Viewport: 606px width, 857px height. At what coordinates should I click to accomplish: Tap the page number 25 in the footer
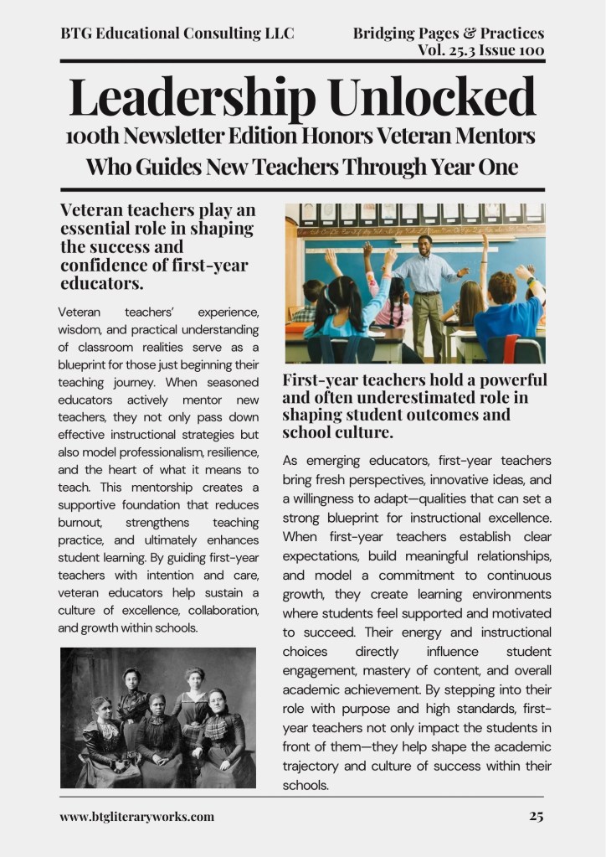pos(536,816)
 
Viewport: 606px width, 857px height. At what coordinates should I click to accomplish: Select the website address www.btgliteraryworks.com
pos(136,816)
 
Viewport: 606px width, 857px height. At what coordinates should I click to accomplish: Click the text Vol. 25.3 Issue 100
pos(481,50)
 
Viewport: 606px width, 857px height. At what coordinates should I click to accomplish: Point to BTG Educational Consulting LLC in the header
pos(177,34)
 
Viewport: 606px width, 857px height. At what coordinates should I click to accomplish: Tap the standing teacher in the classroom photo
pos(427,285)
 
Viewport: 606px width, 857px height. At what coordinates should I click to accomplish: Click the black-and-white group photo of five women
pos(158,717)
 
